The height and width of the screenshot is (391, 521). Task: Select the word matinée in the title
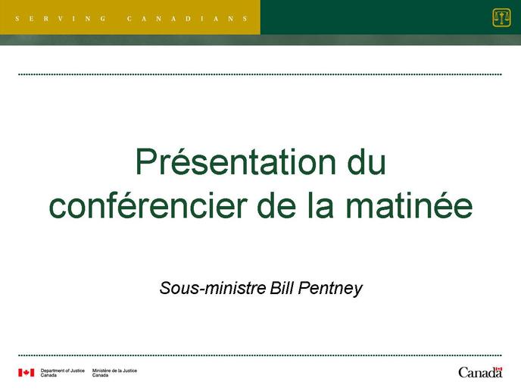(x=409, y=205)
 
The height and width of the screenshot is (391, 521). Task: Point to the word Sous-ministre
(x=213, y=288)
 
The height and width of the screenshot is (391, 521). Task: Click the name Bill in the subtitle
(x=282, y=288)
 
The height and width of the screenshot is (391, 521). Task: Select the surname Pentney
(x=330, y=289)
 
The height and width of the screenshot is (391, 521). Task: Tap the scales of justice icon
(x=501, y=18)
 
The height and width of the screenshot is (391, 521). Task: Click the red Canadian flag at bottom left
(x=27, y=373)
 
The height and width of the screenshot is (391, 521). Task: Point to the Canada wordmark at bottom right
(x=480, y=372)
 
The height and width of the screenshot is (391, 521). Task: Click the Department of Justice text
(x=62, y=372)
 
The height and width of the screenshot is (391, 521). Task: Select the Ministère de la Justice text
(x=114, y=372)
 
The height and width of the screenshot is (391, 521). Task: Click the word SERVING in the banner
(x=61, y=19)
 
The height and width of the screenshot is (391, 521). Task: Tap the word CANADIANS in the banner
(x=187, y=19)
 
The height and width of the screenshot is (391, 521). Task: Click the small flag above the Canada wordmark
(x=499, y=369)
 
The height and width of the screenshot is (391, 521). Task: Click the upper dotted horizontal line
(x=260, y=74)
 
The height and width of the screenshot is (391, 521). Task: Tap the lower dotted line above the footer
(x=260, y=355)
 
